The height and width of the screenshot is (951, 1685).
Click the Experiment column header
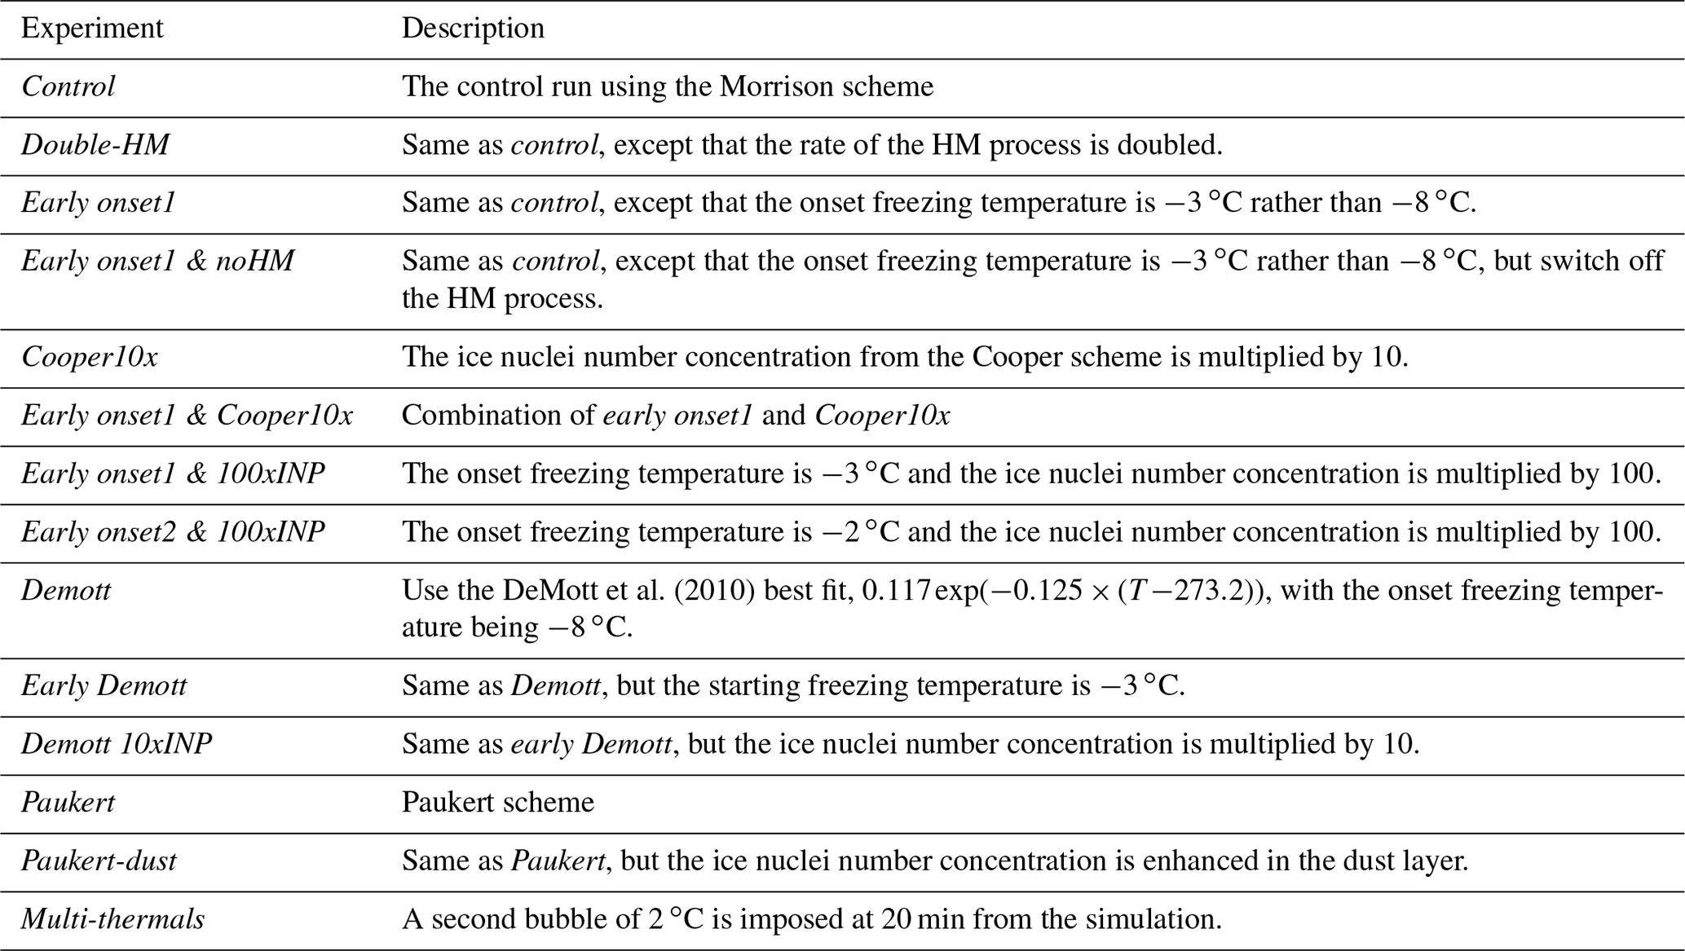coord(92,29)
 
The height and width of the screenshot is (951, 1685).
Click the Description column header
coord(473,29)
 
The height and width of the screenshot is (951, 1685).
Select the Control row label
coord(68,86)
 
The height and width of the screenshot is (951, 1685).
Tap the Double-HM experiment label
coord(95,145)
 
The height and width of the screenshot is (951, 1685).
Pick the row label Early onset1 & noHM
coord(157,261)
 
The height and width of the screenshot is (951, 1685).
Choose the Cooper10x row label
coord(90,357)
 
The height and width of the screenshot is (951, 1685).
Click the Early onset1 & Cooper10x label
coord(187,416)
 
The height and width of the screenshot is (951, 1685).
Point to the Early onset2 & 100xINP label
coord(173,532)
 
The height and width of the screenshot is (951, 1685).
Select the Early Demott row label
coord(104,686)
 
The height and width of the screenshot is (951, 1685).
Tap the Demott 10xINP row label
coord(117,744)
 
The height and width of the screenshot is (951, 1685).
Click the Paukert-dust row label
coord(99,861)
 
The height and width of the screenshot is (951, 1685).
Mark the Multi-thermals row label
coord(112,919)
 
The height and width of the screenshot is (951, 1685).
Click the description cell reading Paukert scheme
coord(498,803)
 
